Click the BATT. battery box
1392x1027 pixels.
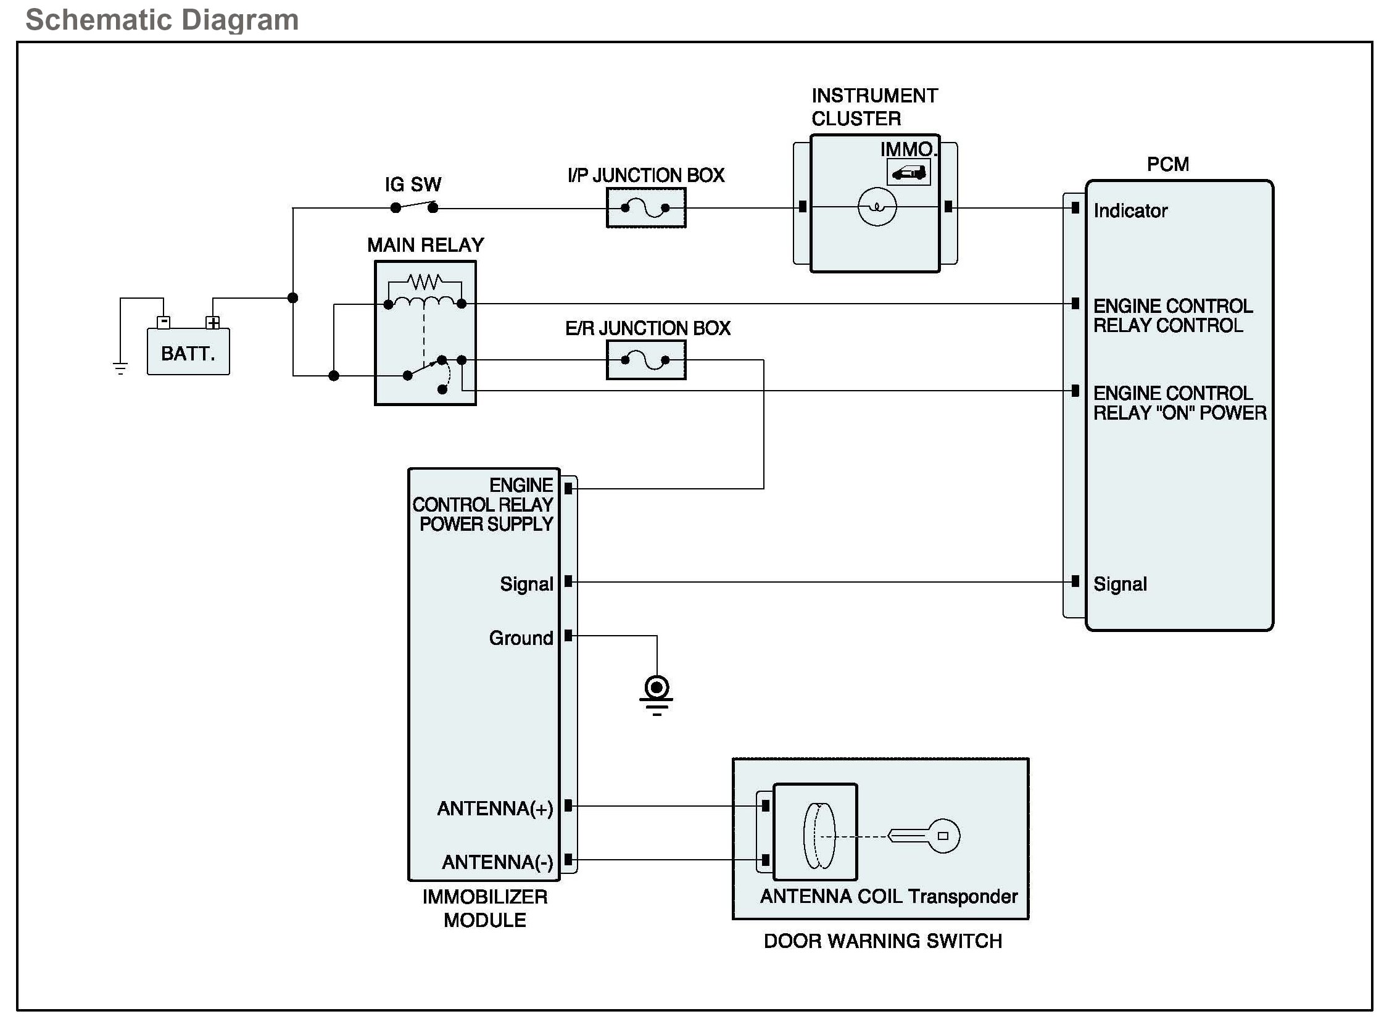point(188,352)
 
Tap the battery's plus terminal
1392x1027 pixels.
point(213,323)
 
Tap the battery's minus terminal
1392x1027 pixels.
point(164,323)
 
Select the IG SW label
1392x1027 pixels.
point(413,185)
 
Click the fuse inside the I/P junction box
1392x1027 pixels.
point(645,207)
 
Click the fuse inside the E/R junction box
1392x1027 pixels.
point(645,360)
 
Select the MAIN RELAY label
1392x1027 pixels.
point(426,245)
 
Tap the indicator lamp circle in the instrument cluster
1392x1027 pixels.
point(877,206)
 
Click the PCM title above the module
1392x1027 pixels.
point(1168,164)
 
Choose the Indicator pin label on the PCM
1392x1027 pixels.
point(1131,210)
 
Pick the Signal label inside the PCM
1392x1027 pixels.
point(1121,584)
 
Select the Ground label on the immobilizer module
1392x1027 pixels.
point(521,638)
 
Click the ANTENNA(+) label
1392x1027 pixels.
point(495,808)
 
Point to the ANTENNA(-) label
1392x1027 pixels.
point(498,862)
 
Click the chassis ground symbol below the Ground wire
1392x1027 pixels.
point(657,696)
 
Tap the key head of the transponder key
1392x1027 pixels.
point(943,836)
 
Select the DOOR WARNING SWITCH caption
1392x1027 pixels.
point(883,941)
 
